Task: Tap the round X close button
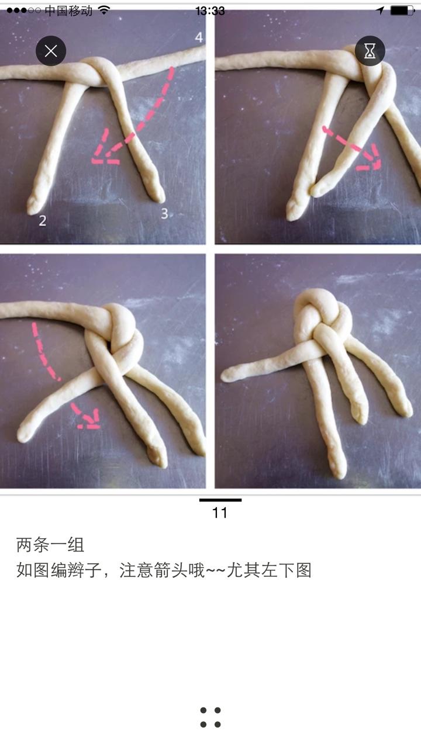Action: (x=51, y=51)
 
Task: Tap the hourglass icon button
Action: (x=370, y=51)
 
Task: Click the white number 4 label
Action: (x=199, y=37)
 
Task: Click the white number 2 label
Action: (x=43, y=220)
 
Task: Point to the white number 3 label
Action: (x=164, y=214)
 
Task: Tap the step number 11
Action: (x=220, y=513)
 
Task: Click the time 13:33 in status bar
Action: (x=210, y=11)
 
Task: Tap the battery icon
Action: (x=402, y=11)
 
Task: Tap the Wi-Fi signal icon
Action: (x=104, y=11)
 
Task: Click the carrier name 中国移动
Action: (x=68, y=11)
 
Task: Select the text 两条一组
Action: (x=50, y=545)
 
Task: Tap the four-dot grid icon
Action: (x=210, y=717)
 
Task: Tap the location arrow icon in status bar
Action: (x=380, y=11)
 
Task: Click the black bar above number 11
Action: (x=220, y=500)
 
